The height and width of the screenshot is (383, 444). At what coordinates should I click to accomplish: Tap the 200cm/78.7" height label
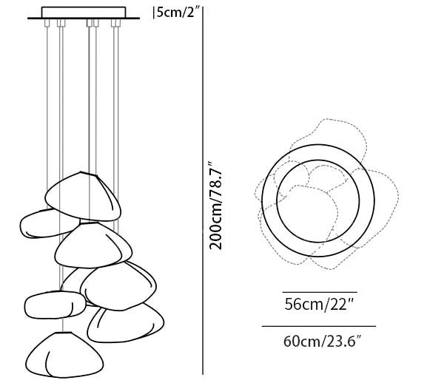215,206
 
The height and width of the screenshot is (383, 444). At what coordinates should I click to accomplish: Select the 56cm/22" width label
319,305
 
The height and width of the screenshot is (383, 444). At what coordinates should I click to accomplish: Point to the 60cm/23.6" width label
323,341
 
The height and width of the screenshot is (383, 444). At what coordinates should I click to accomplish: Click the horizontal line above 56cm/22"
320,292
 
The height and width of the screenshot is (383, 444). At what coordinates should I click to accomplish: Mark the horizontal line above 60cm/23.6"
319,326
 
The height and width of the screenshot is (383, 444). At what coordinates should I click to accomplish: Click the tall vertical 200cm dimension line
203,191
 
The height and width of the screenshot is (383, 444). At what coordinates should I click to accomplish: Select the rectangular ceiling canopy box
84,12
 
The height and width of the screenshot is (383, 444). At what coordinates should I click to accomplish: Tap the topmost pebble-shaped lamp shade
83,197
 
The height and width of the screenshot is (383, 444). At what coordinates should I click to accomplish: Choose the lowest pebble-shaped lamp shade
64,355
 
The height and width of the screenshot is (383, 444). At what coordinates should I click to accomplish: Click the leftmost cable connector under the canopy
47,23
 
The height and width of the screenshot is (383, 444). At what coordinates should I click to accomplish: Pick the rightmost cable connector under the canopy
116,23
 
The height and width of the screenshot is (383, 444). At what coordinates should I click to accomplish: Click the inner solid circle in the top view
318,160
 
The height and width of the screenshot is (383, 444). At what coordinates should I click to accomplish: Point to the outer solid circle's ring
318,145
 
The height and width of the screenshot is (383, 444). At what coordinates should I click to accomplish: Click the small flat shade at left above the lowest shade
55,305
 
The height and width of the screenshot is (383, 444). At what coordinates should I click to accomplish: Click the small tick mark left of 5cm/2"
154,13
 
